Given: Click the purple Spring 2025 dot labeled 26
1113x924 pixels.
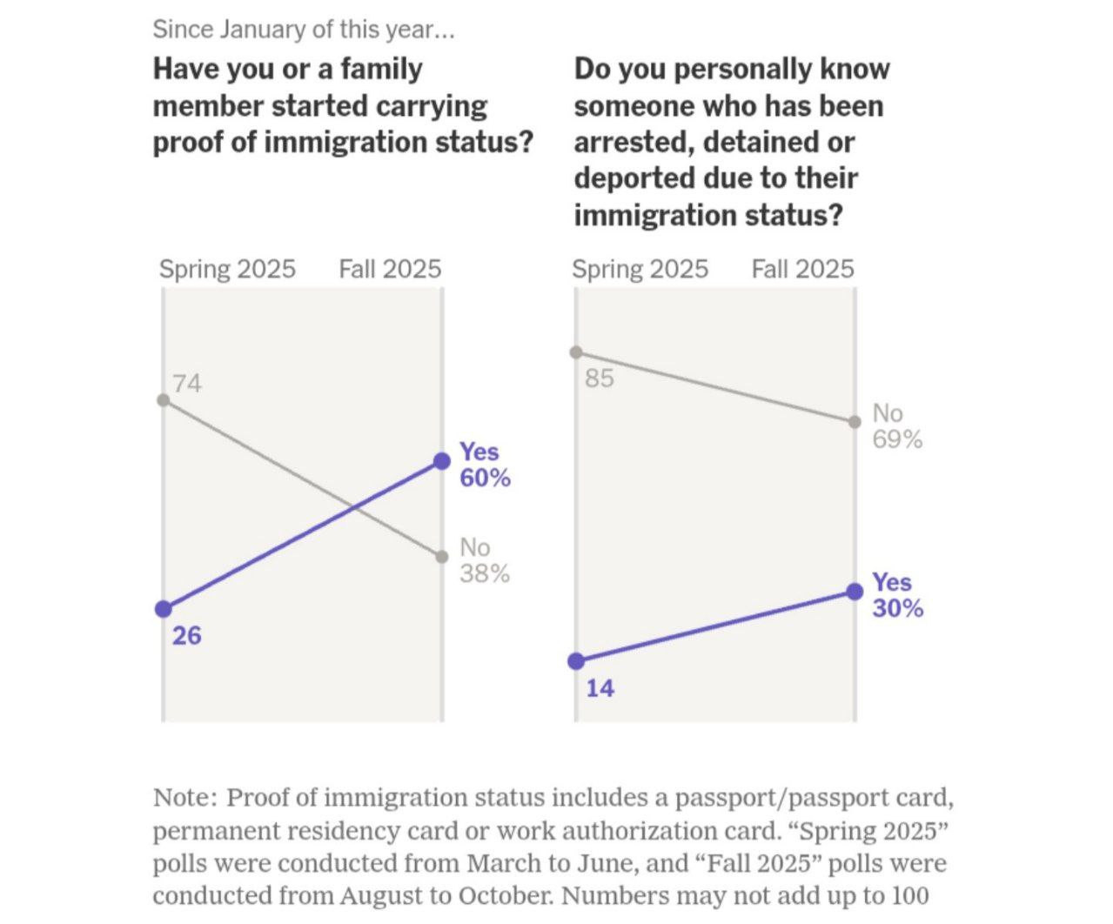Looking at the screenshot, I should point(163,609).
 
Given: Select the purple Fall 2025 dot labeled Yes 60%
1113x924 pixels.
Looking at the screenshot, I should point(442,460).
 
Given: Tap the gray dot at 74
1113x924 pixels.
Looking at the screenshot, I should point(163,399).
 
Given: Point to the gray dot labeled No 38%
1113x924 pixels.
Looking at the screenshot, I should point(442,557).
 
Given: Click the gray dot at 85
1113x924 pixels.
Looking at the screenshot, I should point(575,352).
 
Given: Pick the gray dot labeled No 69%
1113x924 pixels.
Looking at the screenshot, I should point(855,422).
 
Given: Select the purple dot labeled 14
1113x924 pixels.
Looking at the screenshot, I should point(575,661).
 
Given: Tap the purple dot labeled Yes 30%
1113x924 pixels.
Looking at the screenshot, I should point(855,592).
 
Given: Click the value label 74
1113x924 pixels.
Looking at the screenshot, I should point(187,383).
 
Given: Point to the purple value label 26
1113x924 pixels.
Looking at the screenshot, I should point(187,636).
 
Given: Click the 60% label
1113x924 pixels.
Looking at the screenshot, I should point(485,479).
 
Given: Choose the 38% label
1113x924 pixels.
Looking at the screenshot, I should point(485,574).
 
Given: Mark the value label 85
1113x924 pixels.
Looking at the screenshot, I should point(600,378).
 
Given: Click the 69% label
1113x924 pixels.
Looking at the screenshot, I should point(897,439).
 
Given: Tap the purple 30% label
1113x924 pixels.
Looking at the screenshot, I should point(898,608).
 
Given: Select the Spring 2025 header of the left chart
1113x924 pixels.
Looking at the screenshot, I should point(227,269).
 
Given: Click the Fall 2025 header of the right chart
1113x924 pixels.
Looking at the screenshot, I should point(802,269).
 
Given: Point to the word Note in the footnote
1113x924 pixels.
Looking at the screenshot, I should point(182,798).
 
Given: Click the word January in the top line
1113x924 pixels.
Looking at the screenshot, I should point(262,30).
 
